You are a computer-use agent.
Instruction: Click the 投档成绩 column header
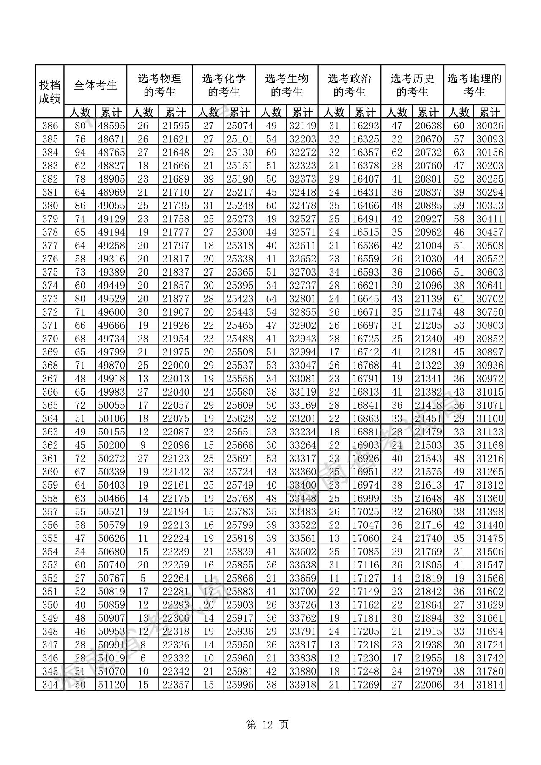tap(49, 92)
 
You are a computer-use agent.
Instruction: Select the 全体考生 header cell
tap(95, 85)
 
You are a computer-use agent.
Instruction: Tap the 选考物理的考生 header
tap(159, 85)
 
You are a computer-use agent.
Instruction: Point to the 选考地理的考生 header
tap(474, 85)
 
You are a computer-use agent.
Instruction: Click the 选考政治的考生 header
tap(349, 85)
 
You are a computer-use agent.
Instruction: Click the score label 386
tap(49, 126)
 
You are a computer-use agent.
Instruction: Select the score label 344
tap(49, 685)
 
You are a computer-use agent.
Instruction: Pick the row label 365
tap(49, 405)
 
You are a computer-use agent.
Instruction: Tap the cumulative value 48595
tap(112, 126)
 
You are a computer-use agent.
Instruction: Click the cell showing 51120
tap(112, 685)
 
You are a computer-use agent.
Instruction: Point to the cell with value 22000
tap(176, 365)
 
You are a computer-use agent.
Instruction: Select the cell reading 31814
tap(490, 685)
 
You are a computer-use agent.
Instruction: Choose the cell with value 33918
tap(302, 685)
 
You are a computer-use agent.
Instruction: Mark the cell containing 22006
tap(428, 685)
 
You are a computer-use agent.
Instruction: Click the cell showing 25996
tap(240, 685)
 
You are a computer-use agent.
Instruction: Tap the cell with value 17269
tap(366, 685)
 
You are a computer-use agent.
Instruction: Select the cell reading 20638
tap(428, 126)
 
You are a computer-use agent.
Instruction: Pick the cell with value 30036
tap(490, 126)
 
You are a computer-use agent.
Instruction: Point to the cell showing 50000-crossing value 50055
tap(112, 405)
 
